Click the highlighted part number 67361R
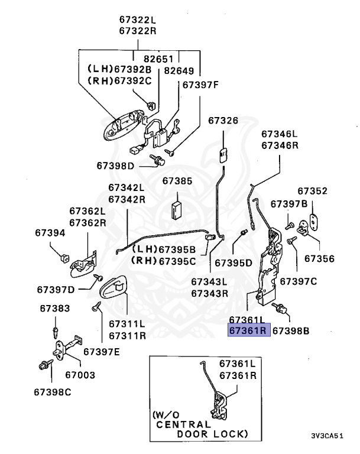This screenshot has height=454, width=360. coord(249,330)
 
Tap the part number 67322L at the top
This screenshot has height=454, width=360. coord(138,20)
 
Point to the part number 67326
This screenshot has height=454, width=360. coord(223,121)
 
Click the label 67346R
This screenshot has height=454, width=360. coord(281,145)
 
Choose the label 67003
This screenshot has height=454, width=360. coord(80,375)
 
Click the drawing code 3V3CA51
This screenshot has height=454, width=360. coord(326,436)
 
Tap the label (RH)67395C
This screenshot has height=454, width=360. coord(163,261)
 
